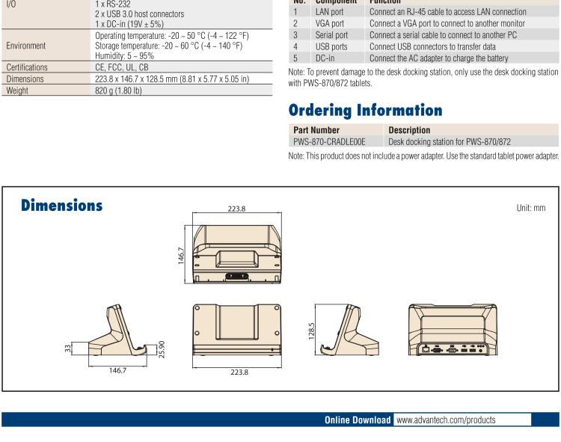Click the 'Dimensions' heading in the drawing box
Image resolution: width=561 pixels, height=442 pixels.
coord(61,206)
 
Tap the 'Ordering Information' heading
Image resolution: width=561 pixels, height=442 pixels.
coord(365,111)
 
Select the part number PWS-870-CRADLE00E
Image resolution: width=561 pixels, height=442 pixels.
coord(329,142)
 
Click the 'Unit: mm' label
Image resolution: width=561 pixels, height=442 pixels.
coord(530,208)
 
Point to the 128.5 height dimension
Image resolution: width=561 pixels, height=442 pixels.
coord(311,331)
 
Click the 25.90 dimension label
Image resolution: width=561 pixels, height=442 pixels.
coord(162,349)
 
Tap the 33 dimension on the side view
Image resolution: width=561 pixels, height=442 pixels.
coord(68,349)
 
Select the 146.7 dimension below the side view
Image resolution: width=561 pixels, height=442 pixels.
coord(117,370)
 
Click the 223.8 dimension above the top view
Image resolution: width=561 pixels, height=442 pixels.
coord(236,209)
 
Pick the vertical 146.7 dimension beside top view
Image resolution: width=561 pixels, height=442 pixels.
coord(181,256)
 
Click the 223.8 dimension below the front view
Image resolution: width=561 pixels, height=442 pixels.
coord(239,372)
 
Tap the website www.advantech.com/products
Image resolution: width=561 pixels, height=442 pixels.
coord(446,420)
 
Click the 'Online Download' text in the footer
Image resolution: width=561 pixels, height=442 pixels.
coord(358,420)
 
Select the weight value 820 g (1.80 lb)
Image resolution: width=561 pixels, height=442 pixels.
coord(118,90)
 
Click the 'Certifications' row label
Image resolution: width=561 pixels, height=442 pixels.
coord(27,67)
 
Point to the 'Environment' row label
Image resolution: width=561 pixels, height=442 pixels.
coord(25,46)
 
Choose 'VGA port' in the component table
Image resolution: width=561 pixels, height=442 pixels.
coord(330,24)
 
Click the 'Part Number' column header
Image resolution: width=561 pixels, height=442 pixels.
coord(316,130)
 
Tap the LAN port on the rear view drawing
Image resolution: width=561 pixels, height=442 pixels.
coord(426,349)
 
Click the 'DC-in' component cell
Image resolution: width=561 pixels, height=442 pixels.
coord(325,58)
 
